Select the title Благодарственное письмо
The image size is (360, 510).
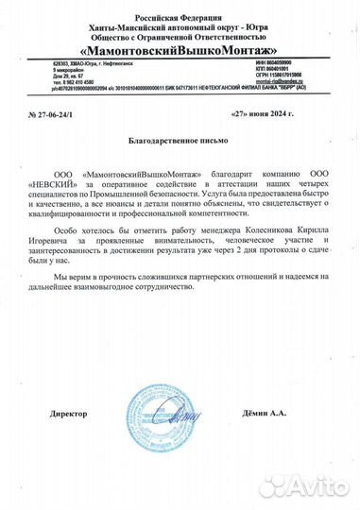(179, 140)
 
